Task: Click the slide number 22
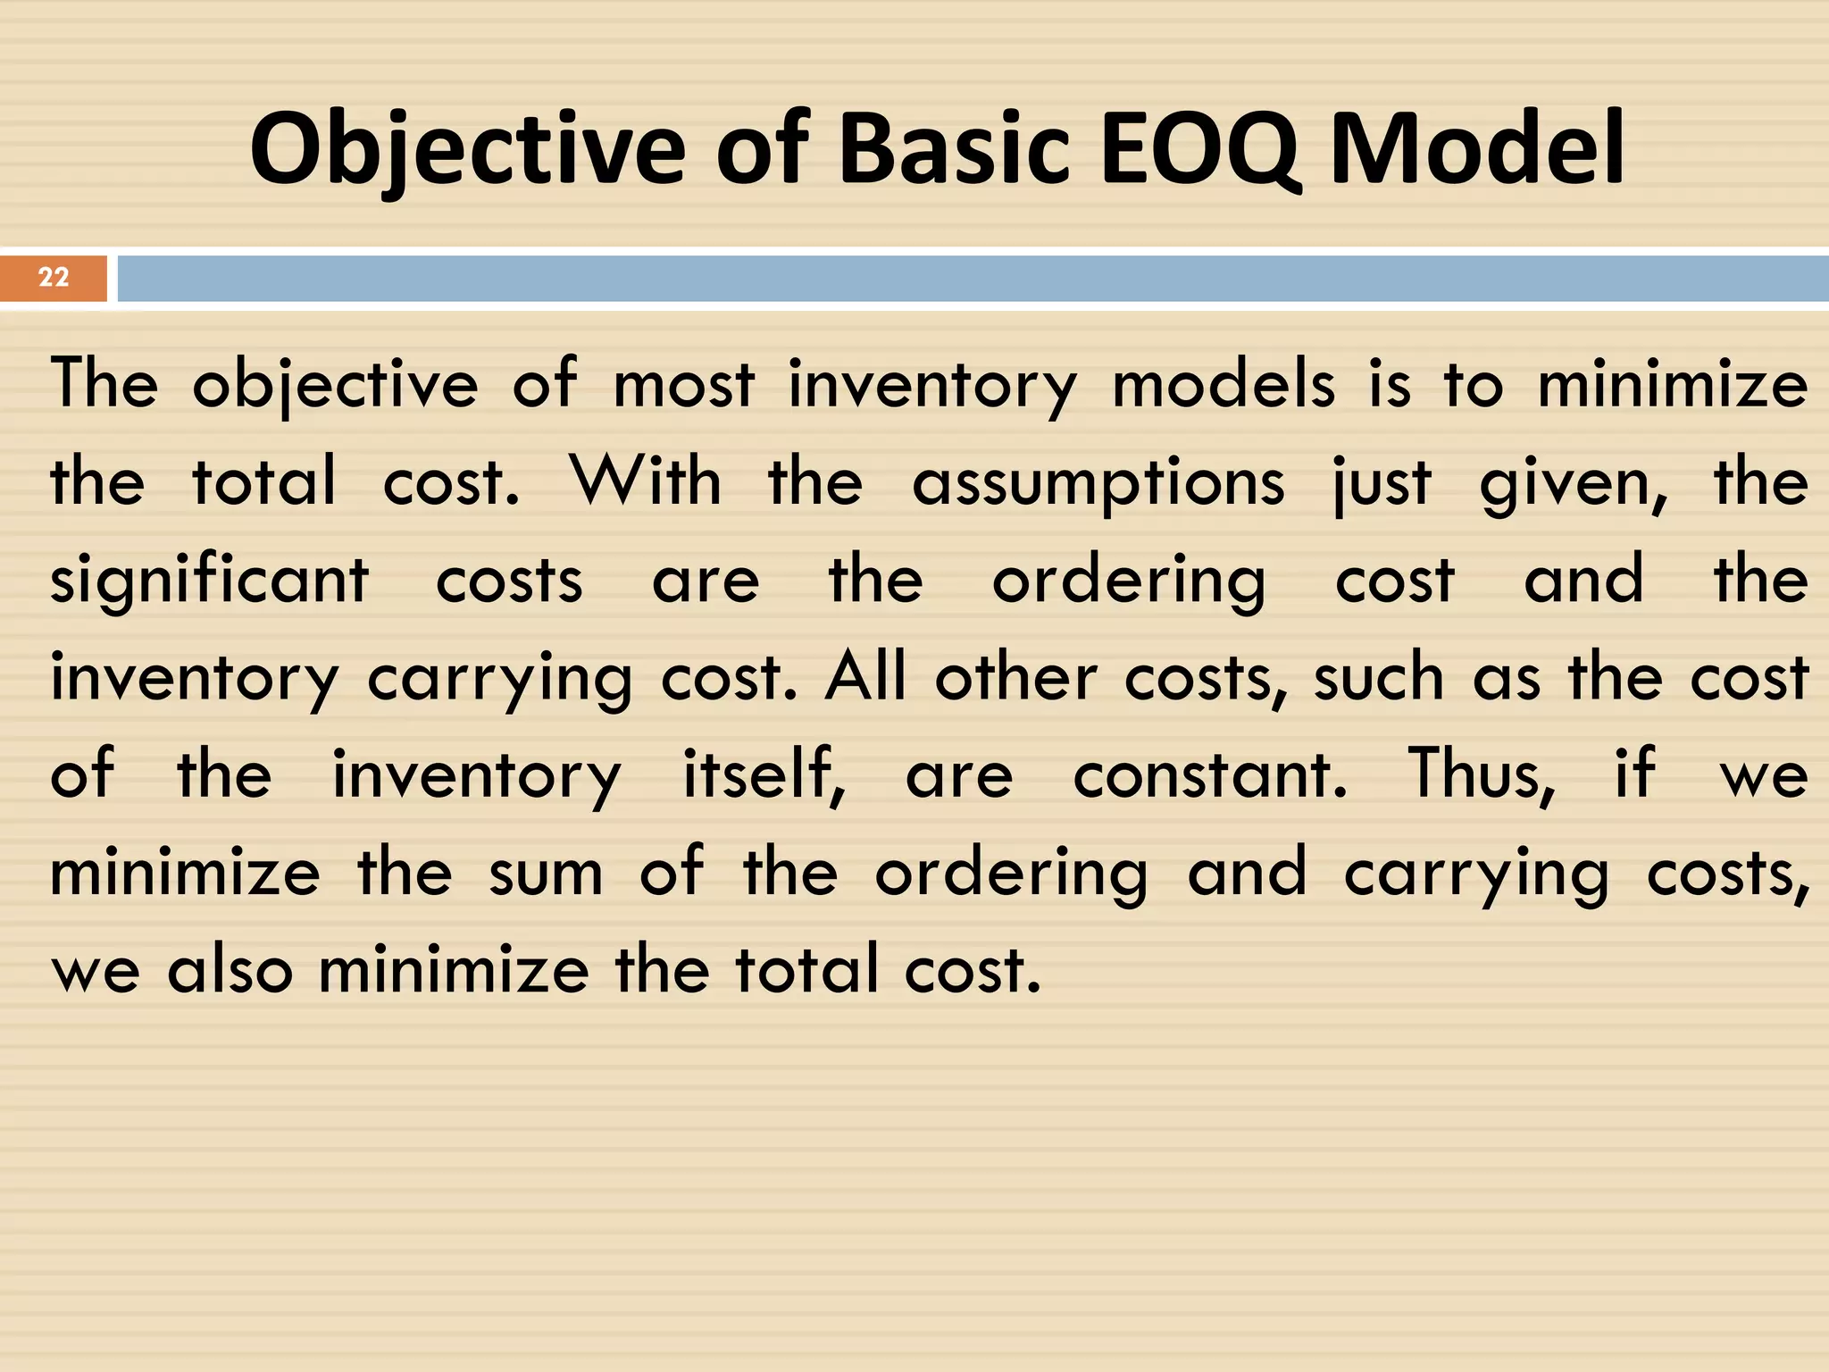(x=54, y=277)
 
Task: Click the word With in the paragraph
(x=646, y=481)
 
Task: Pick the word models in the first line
(x=1223, y=385)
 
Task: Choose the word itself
(x=764, y=775)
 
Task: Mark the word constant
(x=1209, y=775)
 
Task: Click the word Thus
(x=1482, y=775)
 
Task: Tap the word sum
(x=546, y=874)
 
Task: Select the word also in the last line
(x=230, y=971)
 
